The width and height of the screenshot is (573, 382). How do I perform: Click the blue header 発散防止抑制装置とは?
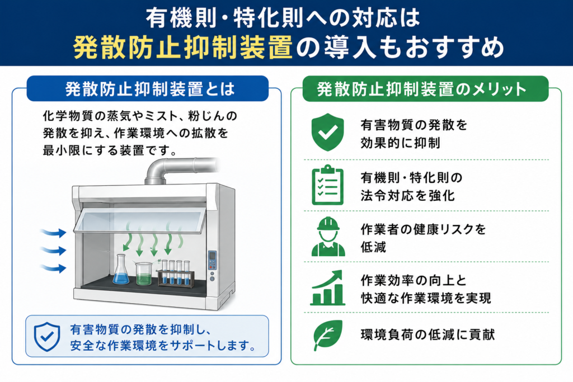click(148, 89)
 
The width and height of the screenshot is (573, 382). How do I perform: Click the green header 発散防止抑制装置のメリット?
click(425, 89)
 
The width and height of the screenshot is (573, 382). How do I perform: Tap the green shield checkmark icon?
click(328, 132)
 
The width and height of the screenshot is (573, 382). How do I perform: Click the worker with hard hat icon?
click(328, 237)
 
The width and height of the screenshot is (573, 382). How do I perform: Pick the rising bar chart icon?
click(327, 288)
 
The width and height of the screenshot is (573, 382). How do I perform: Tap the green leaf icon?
click(327, 335)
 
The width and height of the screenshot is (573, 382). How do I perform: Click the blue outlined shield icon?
click(47, 337)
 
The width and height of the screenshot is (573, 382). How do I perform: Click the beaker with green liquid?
click(144, 273)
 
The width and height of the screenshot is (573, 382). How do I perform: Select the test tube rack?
click(176, 273)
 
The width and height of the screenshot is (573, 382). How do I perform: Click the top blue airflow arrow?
click(53, 232)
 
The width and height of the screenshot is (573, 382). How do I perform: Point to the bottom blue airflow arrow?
click(53, 268)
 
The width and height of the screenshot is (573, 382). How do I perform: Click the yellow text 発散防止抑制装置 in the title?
click(183, 48)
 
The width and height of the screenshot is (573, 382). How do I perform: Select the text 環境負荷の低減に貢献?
click(428, 334)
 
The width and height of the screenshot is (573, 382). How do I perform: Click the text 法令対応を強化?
click(407, 196)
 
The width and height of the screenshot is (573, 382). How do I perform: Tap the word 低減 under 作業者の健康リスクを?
click(373, 247)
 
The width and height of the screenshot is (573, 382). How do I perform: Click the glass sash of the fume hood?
click(140, 220)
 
